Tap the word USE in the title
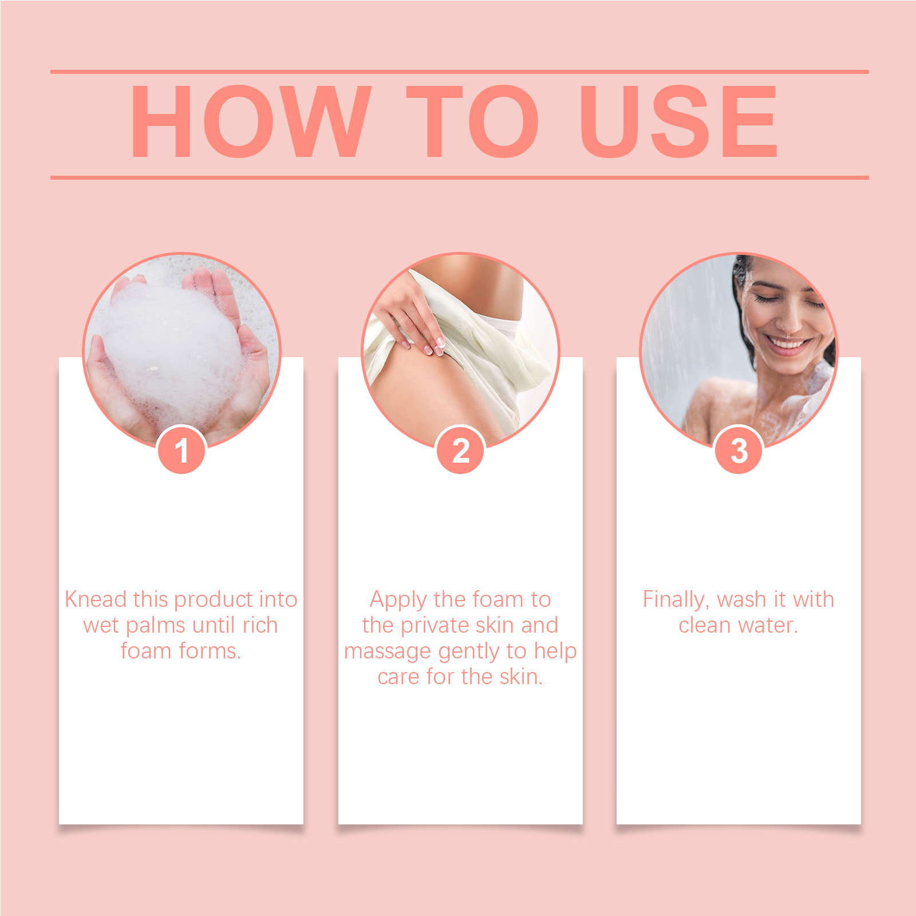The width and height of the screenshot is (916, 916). point(678,121)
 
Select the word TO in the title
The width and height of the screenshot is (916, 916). point(473,121)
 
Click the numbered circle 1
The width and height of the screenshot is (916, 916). point(181,450)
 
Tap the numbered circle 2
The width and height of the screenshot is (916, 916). point(460,450)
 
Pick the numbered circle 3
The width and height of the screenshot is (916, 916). point(739,450)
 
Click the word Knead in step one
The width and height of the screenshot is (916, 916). point(96,599)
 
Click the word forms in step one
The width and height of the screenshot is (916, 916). point(210,651)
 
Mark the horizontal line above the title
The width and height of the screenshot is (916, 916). point(460,72)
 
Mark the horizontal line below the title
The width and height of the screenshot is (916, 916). point(460,177)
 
